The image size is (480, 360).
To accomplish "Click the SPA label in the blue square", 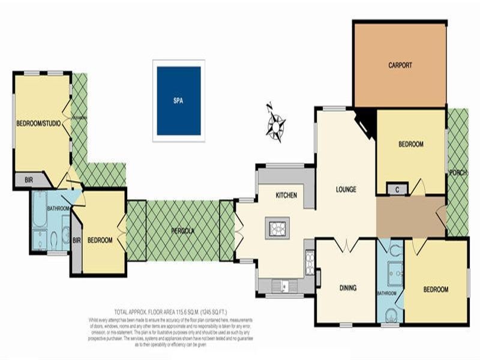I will [178, 101].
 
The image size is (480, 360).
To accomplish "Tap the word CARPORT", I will [400, 65].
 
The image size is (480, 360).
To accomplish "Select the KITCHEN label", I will [286, 196].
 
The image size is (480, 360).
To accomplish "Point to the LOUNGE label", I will [346, 190].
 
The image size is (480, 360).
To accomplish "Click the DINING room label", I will [347, 288].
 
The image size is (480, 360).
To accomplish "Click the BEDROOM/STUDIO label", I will [38, 124].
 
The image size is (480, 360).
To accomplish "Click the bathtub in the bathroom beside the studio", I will [40, 209].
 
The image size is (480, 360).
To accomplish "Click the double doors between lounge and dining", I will [346, 245].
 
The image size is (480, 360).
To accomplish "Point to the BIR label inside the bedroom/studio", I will [29, 179].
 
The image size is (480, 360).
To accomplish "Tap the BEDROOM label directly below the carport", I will [411, 145].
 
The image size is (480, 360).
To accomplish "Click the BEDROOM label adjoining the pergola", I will [100, 240].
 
